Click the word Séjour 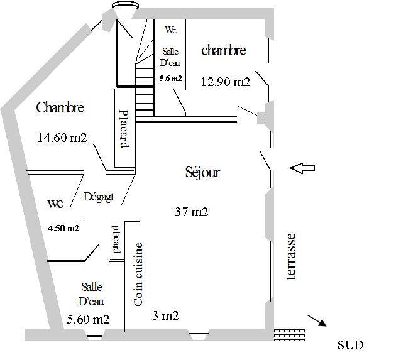(202, 173)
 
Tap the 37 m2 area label (191, 212)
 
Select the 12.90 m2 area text (225, 82)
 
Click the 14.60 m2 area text (62, 138)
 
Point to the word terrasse (291, 256)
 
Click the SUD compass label (350, 345)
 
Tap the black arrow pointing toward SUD (317, 320)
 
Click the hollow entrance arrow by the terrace (302, 168)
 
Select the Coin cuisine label (138, 274)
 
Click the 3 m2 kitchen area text (165, 315)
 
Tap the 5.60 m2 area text (88, 319)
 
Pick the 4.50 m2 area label (63, 228)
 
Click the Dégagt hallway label (99, 197)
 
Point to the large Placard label (124, 129)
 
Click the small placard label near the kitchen (117, 239)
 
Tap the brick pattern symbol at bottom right (290, 334)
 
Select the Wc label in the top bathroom (170, 30)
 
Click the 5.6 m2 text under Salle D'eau (170, 79)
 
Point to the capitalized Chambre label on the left (60, 107)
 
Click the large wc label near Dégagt (55, 204)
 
